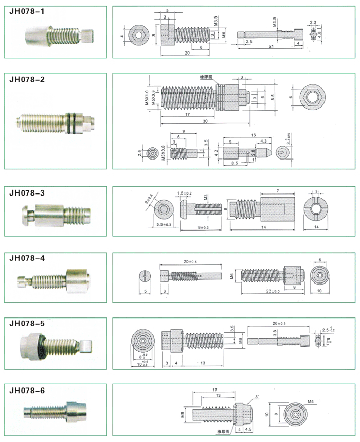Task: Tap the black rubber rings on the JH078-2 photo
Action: click(x=72, y=122)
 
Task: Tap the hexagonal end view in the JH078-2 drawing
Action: click(x=310, y=97)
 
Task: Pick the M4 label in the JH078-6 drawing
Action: click(x=311, y=400)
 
